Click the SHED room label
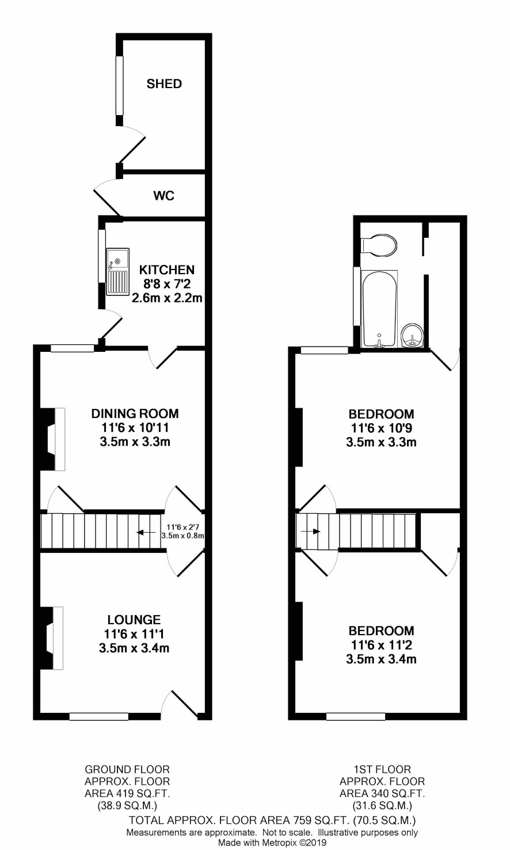(x=164, y=84)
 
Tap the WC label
(x=164, y=196)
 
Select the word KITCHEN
(x=167, y=270)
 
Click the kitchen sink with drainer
(x=117, y=272)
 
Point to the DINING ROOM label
(x=135, y=413)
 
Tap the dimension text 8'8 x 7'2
(x=167, y=284)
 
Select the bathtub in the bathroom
(x=379, y=309)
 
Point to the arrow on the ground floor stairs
(x=146, y=532)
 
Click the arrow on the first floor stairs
(x=311, y=531)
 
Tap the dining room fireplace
(x=52, y=439)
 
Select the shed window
(x=120, y=85)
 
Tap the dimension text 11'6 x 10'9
(x=382, y=428)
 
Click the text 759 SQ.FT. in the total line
(x=319, y=820)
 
